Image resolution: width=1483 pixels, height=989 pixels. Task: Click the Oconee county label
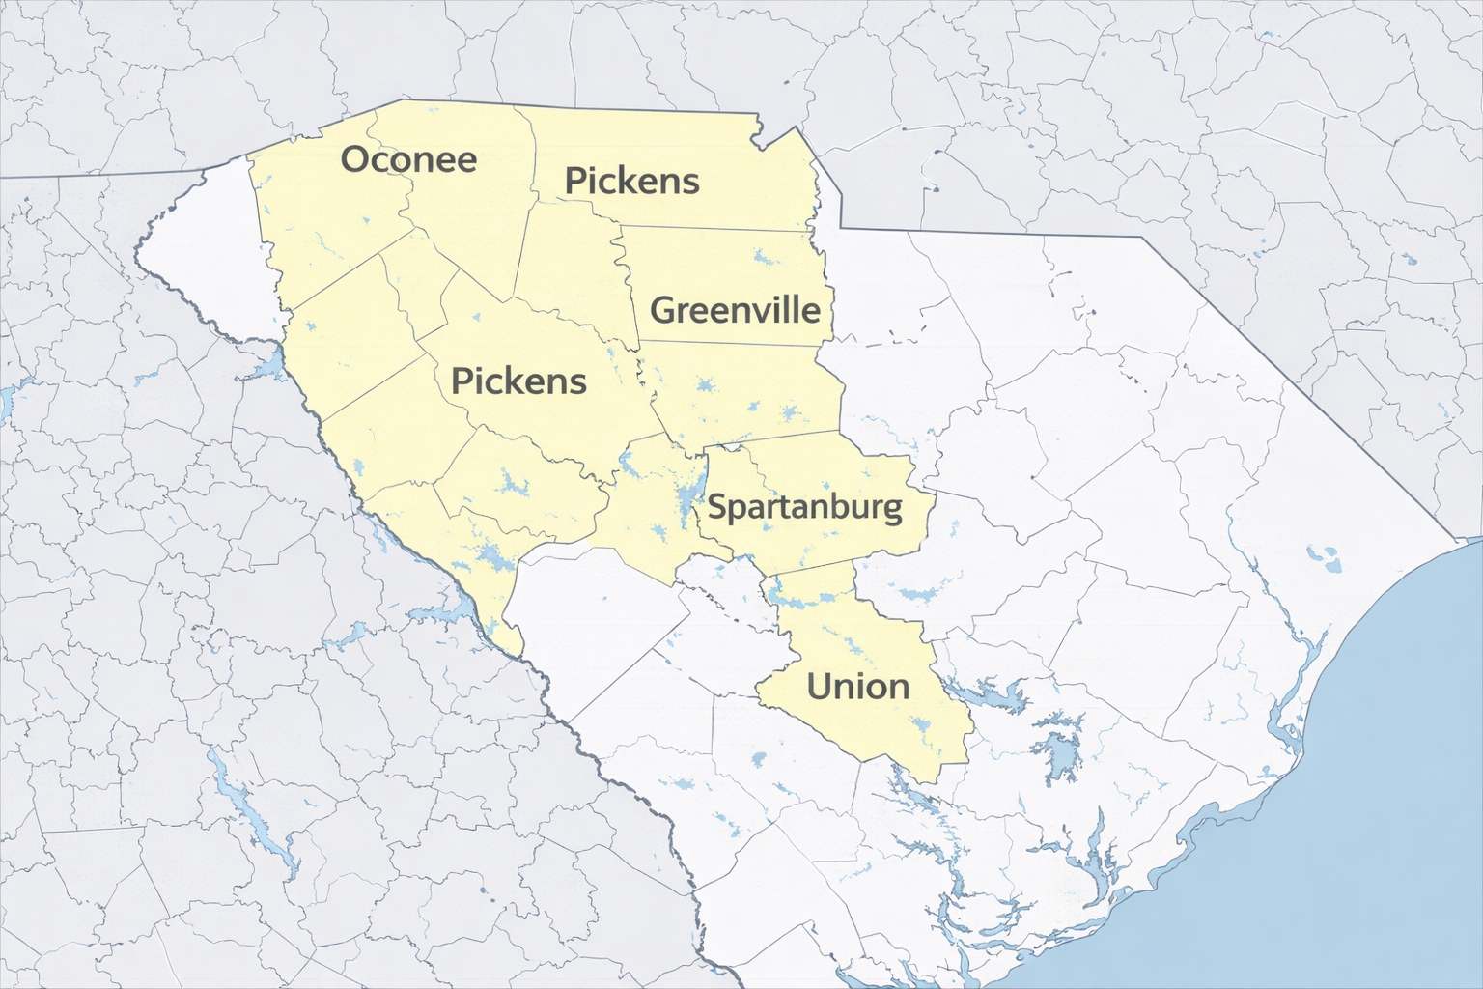(408, 159)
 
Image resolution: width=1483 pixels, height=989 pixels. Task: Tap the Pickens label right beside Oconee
(631, 181)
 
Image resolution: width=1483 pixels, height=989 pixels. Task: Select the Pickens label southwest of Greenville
(518, 381)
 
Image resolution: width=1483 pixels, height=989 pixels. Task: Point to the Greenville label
(735, 310)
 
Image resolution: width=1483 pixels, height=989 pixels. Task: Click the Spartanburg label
(804, 507)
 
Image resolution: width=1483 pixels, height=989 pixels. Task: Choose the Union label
(857, 687)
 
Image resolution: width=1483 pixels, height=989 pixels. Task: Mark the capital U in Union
(819, 687)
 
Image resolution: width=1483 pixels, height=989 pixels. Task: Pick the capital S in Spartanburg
(716, 506)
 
